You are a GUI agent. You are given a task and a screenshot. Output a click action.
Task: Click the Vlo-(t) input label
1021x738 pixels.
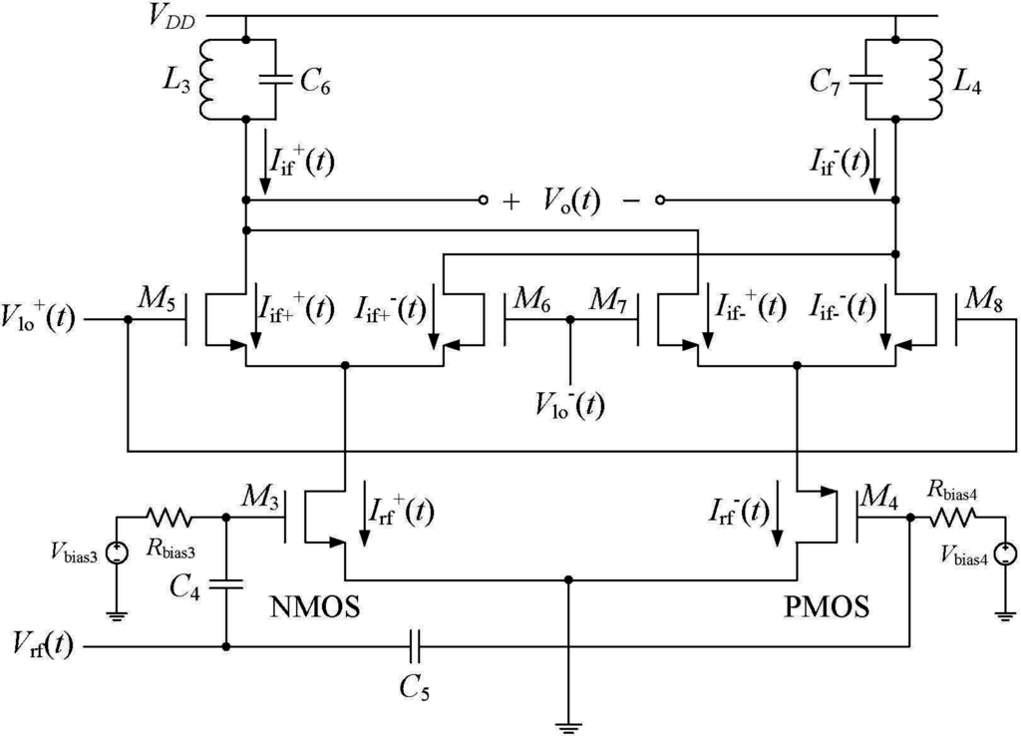pyautogui.click(x=572, y=406)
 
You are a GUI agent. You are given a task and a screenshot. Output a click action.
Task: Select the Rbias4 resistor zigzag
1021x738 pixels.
pyautogui.click(x=953, y=518)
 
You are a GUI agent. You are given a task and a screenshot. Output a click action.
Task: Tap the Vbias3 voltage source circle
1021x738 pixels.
pyautogui.click(x=117, y=553)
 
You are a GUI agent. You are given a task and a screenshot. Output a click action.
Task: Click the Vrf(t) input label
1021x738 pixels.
pyautogui.click(x=41, y=648)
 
